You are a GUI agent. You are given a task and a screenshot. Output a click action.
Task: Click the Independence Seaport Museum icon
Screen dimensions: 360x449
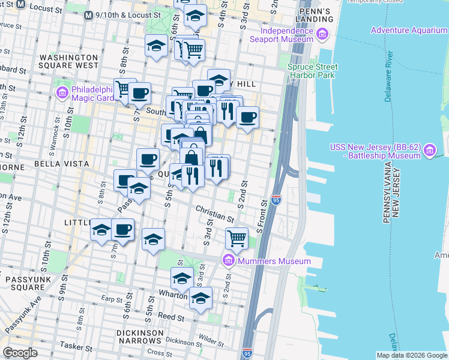[x=324, y=34]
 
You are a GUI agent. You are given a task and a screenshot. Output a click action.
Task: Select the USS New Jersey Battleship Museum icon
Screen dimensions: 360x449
[x=429, y=151]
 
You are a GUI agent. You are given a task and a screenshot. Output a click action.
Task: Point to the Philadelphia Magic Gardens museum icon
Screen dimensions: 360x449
[x=62, y=93]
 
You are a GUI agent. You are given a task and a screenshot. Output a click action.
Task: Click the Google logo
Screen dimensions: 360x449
[x=20, y=353]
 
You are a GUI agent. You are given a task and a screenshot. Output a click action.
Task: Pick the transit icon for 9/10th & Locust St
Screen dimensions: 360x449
[x=88, y=14]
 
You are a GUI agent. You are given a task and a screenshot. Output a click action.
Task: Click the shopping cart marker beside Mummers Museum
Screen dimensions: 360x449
[x=237, y=238]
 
